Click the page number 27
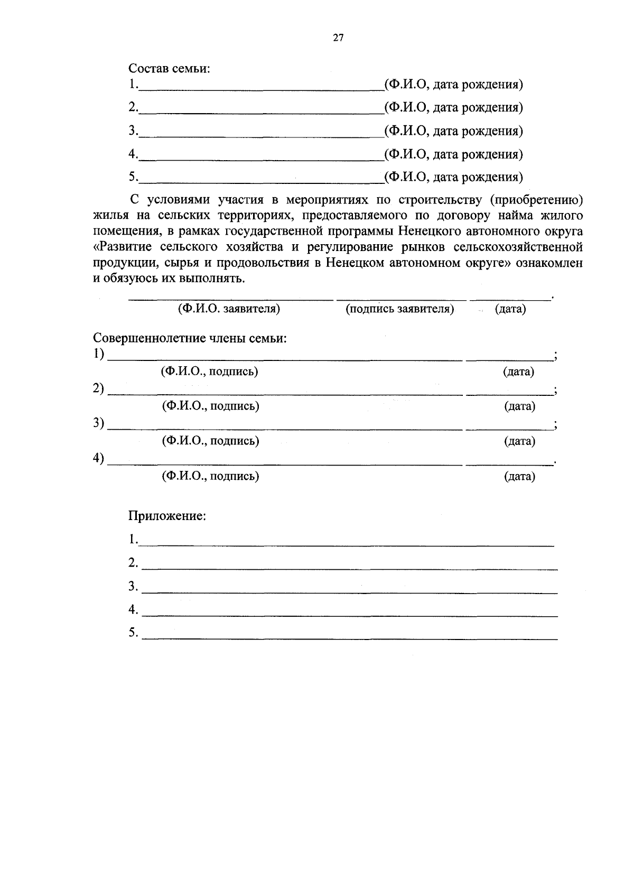click(x=338, y=38)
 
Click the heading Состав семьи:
click(x=169, y=69)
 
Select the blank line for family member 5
click(x=261, y=181)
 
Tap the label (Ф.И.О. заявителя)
click(x=229, y=309)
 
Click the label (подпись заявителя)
click(x=400, y=309)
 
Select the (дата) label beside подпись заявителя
click(x=510, y=309)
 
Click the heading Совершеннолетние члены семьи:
click(x=190, y=338)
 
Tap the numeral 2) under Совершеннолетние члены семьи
click(x=99, y=389)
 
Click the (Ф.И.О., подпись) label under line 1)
click(x=210, y=372)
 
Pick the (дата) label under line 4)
click(x=519, y=477)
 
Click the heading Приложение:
click(x=167, y=516)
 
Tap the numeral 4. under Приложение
click(x=133, y=610)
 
